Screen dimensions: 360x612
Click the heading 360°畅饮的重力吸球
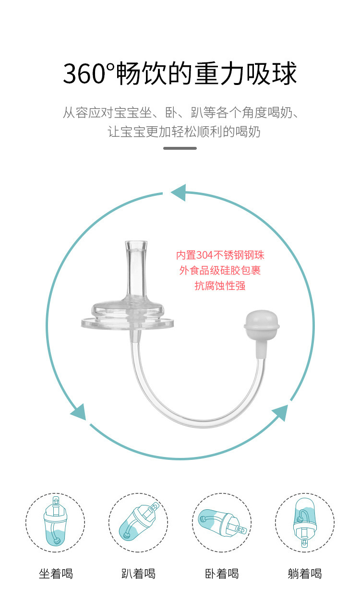coord(180,74)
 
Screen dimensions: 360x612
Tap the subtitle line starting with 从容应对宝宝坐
coord(180,113)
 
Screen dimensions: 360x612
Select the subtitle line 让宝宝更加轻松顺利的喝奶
coord(184,132)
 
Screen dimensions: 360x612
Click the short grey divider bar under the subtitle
coord(180,148)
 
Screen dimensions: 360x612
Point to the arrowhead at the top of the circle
coord(179,192)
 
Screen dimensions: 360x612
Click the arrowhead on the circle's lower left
coord(79,412)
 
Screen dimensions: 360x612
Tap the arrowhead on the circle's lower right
coord(280,412)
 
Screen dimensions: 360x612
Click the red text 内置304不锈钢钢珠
coord(220,255)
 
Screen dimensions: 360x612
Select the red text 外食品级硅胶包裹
coord(220,271)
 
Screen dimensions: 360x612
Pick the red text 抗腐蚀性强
coord(220,286)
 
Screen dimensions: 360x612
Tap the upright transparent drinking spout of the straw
coord(136,268)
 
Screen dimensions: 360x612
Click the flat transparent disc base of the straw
coord(128,323)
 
